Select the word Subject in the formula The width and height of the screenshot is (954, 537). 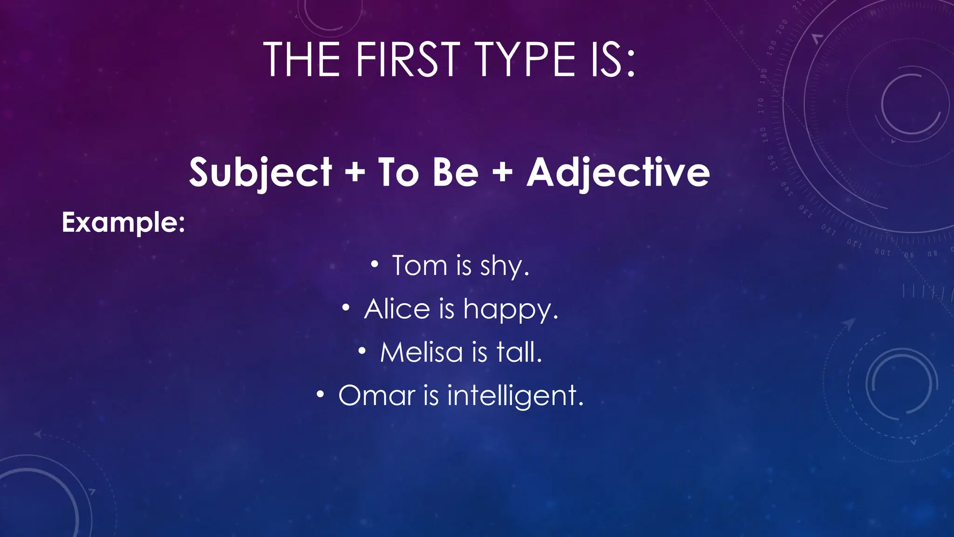pyautogui.click(x=260, y=172)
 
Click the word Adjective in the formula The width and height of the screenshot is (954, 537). pyautogui.click(x=618, y=172)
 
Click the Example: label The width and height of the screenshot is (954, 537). pyautogui.click(x=123, y=222)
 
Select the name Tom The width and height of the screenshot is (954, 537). pyautogui.click(x=419, y=266)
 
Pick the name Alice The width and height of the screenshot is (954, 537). pyautogui.click(x=397, y=309)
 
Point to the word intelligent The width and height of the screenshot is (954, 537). pyautogui.click(x=515, y=396)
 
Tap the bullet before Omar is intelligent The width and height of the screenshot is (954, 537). pyautogui.click(x=320, y=395)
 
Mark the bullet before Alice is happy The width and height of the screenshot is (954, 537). pyautogui.click(x=346, y=308)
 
